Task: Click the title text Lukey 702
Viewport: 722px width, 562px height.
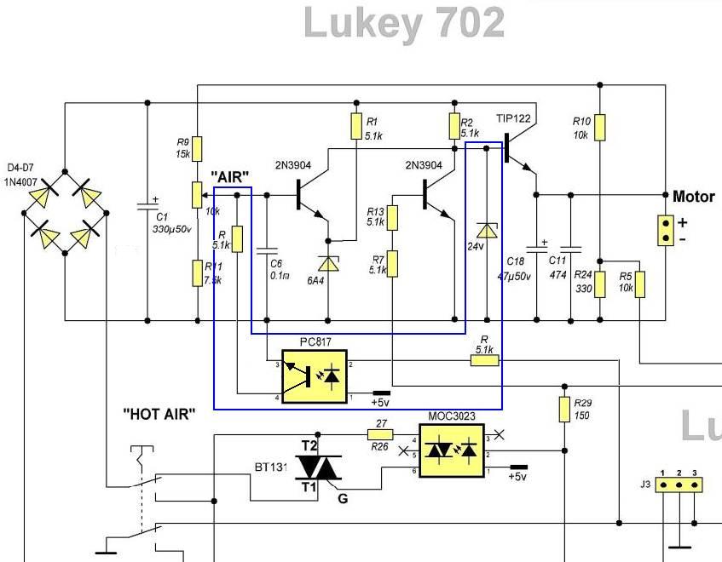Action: tap(404, 25)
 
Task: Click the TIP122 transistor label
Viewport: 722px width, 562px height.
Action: tap(513, 119)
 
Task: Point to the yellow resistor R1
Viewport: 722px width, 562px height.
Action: tap(356, 127)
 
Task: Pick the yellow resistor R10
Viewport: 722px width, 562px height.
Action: tap(600, 128)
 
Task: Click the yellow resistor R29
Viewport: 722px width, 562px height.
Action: tap(564, 409)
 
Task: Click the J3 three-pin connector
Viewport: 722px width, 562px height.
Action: tap(679, 485)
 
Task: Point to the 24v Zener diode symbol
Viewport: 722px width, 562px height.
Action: tap(487, 230)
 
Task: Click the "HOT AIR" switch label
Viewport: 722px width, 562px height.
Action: tap(159, 415)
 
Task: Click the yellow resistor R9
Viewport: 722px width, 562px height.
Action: tap(197, 149)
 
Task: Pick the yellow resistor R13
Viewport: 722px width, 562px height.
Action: tap(391, 218)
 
